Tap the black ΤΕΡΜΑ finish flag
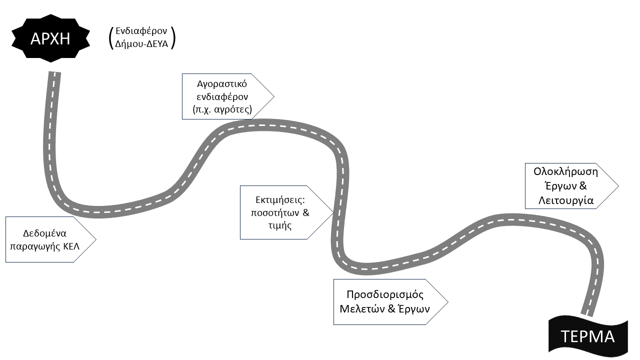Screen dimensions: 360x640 tap(588, 336)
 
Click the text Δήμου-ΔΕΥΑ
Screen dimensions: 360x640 tap(141, 44)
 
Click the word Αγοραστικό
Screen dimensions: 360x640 tap(222, 83)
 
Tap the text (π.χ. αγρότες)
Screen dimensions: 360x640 tap(222, 108)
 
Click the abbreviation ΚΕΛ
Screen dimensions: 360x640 tap(71, 246)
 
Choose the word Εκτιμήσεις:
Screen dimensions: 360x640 tap(280, 200)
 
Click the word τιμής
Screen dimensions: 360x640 tap(279, 225)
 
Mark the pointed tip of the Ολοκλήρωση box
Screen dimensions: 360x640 tap(618, 185)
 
